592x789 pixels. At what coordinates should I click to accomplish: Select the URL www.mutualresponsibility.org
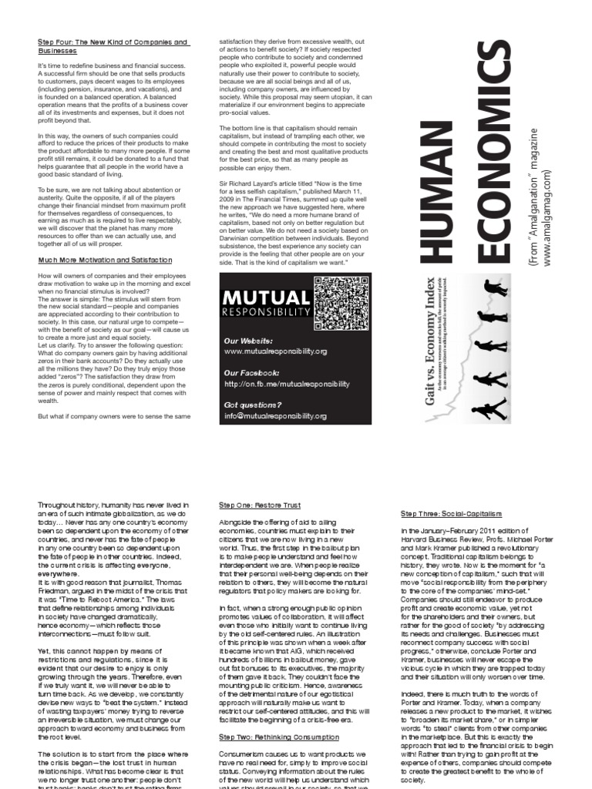(276, 351)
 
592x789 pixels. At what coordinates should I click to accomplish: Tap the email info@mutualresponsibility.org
(275, 416)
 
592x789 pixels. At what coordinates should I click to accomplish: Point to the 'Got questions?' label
(252, 404)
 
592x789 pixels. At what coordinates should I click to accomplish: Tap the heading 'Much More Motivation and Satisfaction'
(105, 260)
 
